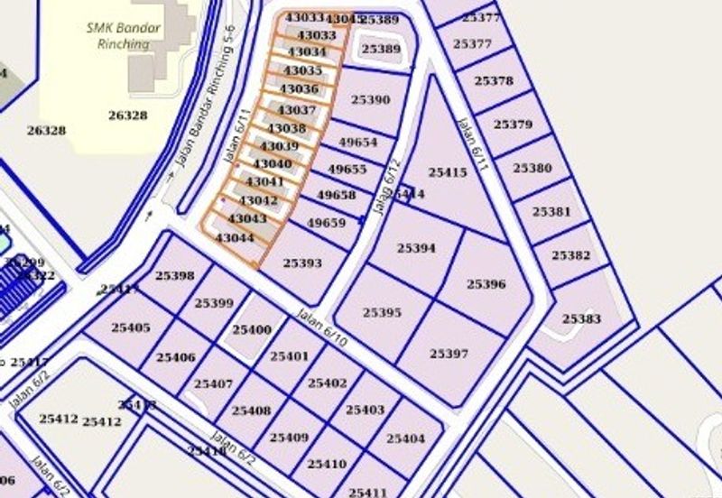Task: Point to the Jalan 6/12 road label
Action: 386,188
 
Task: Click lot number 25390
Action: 370,99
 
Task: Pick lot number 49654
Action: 357,143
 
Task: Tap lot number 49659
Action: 326,223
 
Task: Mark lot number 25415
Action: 447,171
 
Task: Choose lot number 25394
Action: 416,247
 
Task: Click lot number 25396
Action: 486,283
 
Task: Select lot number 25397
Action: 449,353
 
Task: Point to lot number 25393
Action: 302,263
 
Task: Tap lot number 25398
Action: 175,275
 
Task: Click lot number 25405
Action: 131,327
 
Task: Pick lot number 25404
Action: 405,438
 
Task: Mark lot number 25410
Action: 327,464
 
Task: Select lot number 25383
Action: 581,318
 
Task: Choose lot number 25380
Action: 532,168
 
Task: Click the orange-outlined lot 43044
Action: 235,238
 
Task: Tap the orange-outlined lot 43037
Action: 298,110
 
